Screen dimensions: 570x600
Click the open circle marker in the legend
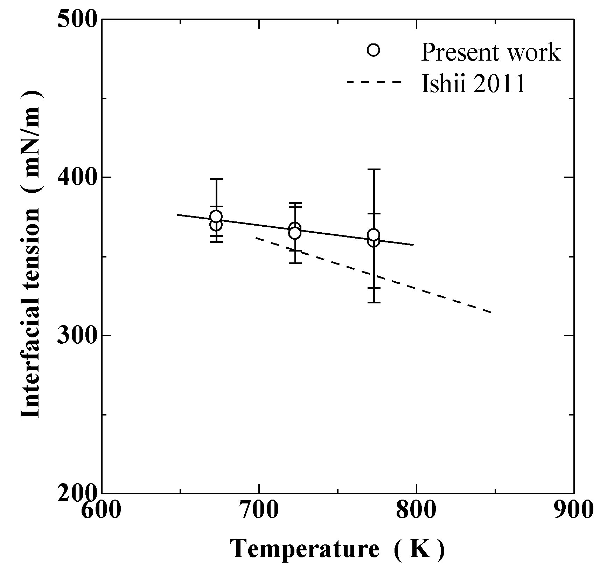tap(374, 50)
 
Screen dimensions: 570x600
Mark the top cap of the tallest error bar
tap(374, 170)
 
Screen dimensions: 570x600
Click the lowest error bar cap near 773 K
tap(374, 302)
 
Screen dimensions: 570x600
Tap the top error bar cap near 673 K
tap(216, 179)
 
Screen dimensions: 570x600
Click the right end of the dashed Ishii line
tap(492, 312)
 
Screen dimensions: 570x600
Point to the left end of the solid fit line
tap(177, 214)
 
